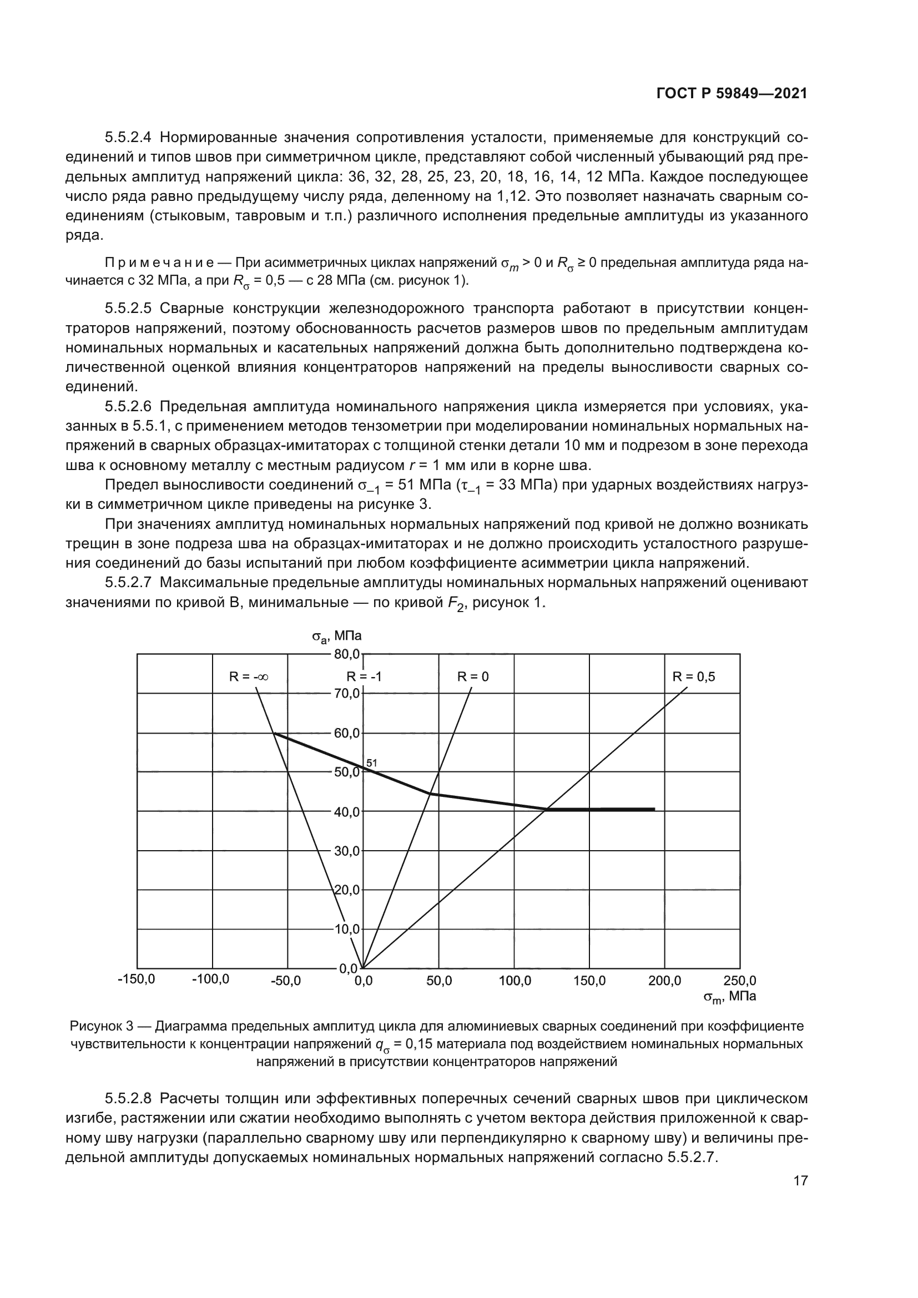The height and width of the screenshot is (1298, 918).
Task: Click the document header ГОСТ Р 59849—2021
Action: pos(732,94)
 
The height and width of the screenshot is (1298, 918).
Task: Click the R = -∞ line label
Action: pos(248,676)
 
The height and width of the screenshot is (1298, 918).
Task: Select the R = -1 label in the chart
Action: pos(364,676)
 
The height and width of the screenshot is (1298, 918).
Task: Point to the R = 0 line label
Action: pos(472,676)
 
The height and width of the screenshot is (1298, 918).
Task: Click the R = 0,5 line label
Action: pos(694,676)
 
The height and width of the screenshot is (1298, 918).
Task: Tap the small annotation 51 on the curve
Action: pos(371,762)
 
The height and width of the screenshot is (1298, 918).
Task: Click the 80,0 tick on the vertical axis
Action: pos(346,654)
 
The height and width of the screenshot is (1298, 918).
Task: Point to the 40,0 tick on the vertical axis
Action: pos(346,812)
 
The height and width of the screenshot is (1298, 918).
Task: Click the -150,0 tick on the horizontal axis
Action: pos(136,979)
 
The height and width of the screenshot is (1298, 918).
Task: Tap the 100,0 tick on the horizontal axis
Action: pos(515,981)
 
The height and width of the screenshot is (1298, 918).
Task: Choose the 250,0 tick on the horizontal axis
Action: pos(739,981)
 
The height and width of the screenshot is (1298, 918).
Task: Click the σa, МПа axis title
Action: pos(337,636)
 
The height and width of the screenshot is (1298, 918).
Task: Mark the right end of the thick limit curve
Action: pos(654,810)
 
